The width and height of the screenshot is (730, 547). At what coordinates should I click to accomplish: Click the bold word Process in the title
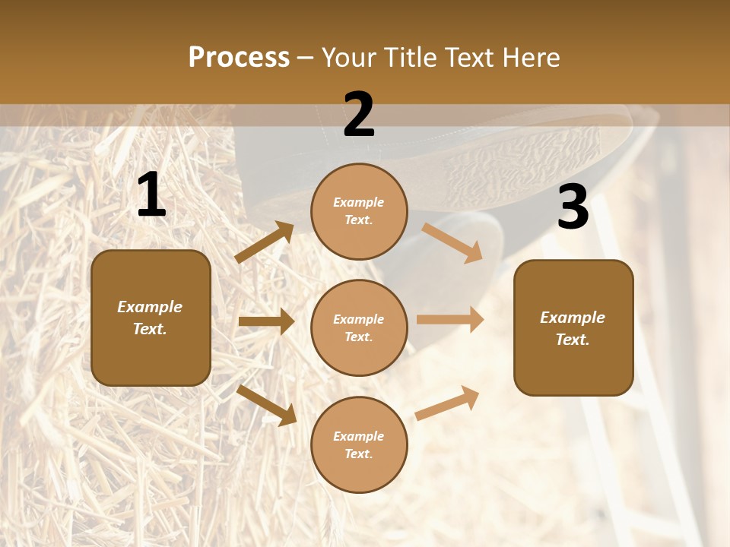point(239,58)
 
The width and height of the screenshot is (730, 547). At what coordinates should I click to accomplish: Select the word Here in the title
point(528,58)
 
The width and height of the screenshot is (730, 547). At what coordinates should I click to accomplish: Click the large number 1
point(151,195)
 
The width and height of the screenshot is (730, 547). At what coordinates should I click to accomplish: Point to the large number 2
point(359,115)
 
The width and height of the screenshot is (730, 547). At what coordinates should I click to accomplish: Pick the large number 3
point(573,207)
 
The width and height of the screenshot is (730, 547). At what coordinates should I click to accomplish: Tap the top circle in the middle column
point(359,211)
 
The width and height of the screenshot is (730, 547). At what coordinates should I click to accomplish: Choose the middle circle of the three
point(359,327)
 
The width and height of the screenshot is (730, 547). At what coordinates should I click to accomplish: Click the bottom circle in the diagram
point(359,444)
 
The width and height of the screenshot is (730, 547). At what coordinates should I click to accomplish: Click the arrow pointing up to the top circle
point(265,242)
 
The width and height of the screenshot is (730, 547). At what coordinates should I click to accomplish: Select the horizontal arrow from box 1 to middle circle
point(266,321)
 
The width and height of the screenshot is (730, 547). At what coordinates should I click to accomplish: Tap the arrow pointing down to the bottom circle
point(267,405)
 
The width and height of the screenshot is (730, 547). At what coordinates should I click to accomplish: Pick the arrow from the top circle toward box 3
point(452,242)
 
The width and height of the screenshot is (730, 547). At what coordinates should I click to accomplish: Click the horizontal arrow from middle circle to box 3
point(450,320)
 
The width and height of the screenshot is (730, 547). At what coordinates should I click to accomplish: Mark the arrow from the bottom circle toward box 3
point(447,403)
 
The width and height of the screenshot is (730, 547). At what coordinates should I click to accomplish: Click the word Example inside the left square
point(150,307)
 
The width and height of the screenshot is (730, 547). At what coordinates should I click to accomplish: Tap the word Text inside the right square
point(572,340)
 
